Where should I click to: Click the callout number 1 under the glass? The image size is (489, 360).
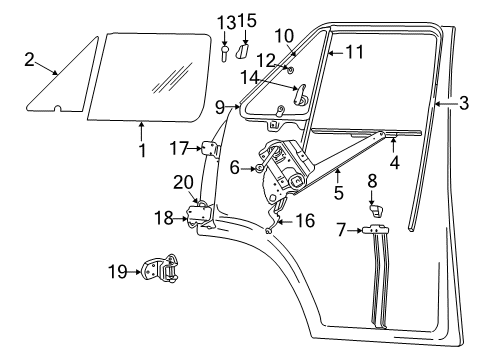click(x=143, y=151)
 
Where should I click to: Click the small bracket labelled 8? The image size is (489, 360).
click(x=377, y=209)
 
